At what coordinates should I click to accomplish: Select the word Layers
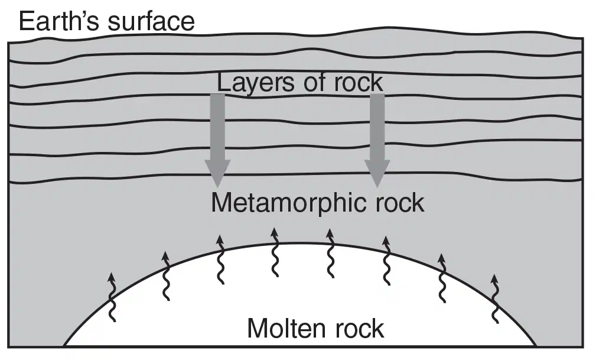click(x=256, y=83)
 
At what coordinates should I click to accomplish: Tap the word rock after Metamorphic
click(x=400, y=203)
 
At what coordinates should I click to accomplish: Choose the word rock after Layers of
click(x=359, y=82)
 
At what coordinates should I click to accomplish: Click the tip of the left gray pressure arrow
click(x=217, y=187)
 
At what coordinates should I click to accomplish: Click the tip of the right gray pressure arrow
click(x=377, y=187)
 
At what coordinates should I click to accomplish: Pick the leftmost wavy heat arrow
click(x=112, y=297)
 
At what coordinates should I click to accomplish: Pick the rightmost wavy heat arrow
click(x=494, y=299)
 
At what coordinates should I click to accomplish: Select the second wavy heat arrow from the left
click(x=166, y=276)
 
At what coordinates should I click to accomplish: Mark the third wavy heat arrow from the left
click(x=220, y=260)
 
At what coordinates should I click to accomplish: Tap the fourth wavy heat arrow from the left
click(x=275, y=252)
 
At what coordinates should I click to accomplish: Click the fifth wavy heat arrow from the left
click(x=330, y=253)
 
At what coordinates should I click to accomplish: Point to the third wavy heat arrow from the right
click(x=386, y=261)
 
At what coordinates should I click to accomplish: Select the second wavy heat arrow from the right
click(x=442, y=278)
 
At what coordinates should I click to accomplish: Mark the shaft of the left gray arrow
click(x=217, y=127)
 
